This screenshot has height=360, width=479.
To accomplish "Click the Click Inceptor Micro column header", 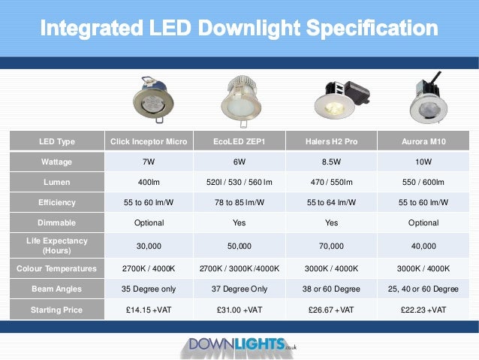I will point(148,141).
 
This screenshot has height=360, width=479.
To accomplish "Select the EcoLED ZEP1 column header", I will point(240,141).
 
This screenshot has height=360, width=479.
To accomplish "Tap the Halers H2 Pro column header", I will point(331,141).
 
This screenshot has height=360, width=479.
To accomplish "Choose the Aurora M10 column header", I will point(423,141).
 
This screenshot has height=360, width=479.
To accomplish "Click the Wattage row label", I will point(57,162).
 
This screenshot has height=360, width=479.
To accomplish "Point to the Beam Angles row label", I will point(57,289).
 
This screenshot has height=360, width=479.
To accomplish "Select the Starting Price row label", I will point(57,310).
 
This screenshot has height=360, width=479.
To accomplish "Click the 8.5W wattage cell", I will point(331,162).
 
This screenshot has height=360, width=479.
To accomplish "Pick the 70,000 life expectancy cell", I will point(331,245).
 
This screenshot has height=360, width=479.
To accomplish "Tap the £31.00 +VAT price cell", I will point(240,310).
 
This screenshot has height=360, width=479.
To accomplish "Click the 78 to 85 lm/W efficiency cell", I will point(240,202).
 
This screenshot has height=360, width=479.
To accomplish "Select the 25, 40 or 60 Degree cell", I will point(423,289).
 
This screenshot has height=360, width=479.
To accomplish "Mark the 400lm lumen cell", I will point(148,182).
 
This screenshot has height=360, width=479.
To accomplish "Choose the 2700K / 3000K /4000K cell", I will point(240,268).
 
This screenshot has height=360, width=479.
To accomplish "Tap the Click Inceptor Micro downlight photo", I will point(150,99).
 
